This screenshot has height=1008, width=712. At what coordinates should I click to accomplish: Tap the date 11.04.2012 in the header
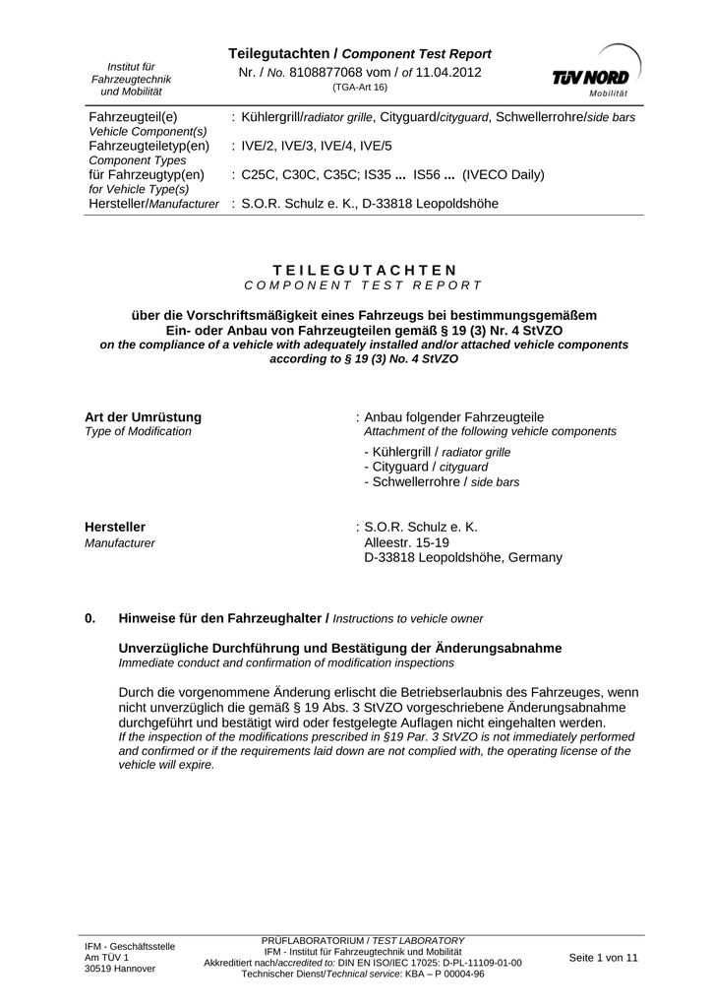click(x=449, y=73)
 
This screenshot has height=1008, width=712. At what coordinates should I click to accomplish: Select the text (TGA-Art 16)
click(x=360, y=88)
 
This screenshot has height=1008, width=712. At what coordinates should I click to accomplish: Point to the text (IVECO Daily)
click(x=504, y=174)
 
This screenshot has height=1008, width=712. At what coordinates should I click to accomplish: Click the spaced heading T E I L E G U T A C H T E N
click(x=364, y=270)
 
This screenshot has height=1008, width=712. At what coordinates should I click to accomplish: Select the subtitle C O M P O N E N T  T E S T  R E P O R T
click(x=364, y=284)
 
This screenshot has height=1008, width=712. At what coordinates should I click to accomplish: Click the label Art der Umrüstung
click(x=143, y=416)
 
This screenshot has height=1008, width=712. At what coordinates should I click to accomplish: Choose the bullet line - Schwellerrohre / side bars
click(x=441, y=482)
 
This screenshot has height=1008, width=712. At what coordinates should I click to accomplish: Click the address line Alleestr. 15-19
click(x=406, y=542)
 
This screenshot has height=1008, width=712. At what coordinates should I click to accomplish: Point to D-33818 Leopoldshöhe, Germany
click(x=463, y=557)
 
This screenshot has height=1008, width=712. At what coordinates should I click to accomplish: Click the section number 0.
click(x=90, y=618)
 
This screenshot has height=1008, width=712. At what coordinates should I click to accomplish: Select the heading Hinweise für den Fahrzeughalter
click(x=222, y=618)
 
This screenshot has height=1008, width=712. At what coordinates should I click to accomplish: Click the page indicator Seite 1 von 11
click(x=603, y=957)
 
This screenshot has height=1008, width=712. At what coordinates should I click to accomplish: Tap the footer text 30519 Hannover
click(x=120, y=968)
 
